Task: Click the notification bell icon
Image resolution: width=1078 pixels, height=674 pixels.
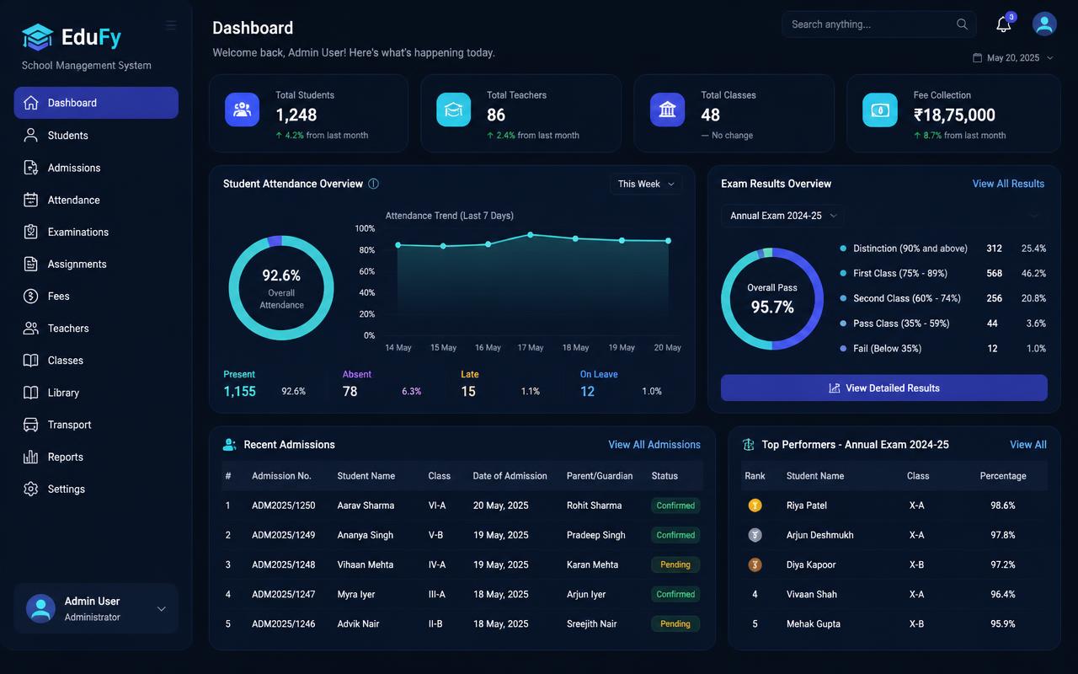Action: click(1003, 24)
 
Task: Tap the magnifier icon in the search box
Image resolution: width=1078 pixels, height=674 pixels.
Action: click(962, 24)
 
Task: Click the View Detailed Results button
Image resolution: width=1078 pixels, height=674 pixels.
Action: click(884, 388)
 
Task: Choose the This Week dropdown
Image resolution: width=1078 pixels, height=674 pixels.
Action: click(646, 184)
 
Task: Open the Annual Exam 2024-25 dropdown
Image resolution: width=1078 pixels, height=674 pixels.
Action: click(783, 216)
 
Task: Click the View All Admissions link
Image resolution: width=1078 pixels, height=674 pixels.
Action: click(654, 444)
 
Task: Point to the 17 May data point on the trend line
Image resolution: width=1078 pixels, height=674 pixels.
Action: click(531, 235)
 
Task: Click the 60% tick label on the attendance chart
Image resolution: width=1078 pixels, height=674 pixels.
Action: click(366, 271)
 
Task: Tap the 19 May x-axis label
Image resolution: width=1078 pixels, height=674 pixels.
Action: click(622, 348)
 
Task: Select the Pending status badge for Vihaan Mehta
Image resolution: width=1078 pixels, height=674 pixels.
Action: click(675, 564)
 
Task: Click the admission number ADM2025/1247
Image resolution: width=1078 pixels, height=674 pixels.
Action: click(284, 594)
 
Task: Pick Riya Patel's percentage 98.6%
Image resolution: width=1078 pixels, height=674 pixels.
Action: click(1003, 505)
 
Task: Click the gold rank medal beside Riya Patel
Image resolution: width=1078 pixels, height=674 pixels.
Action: click(755, 505)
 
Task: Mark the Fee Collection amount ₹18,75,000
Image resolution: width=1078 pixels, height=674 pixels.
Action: click(954, 115)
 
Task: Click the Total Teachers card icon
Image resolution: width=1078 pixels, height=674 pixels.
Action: click(453, 110)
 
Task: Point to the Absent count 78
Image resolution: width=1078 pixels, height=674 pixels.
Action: click(350, 392)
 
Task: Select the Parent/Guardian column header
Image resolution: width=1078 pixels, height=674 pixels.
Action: click(600, 476)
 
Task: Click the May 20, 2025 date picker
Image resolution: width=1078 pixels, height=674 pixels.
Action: click(1013, 58)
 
